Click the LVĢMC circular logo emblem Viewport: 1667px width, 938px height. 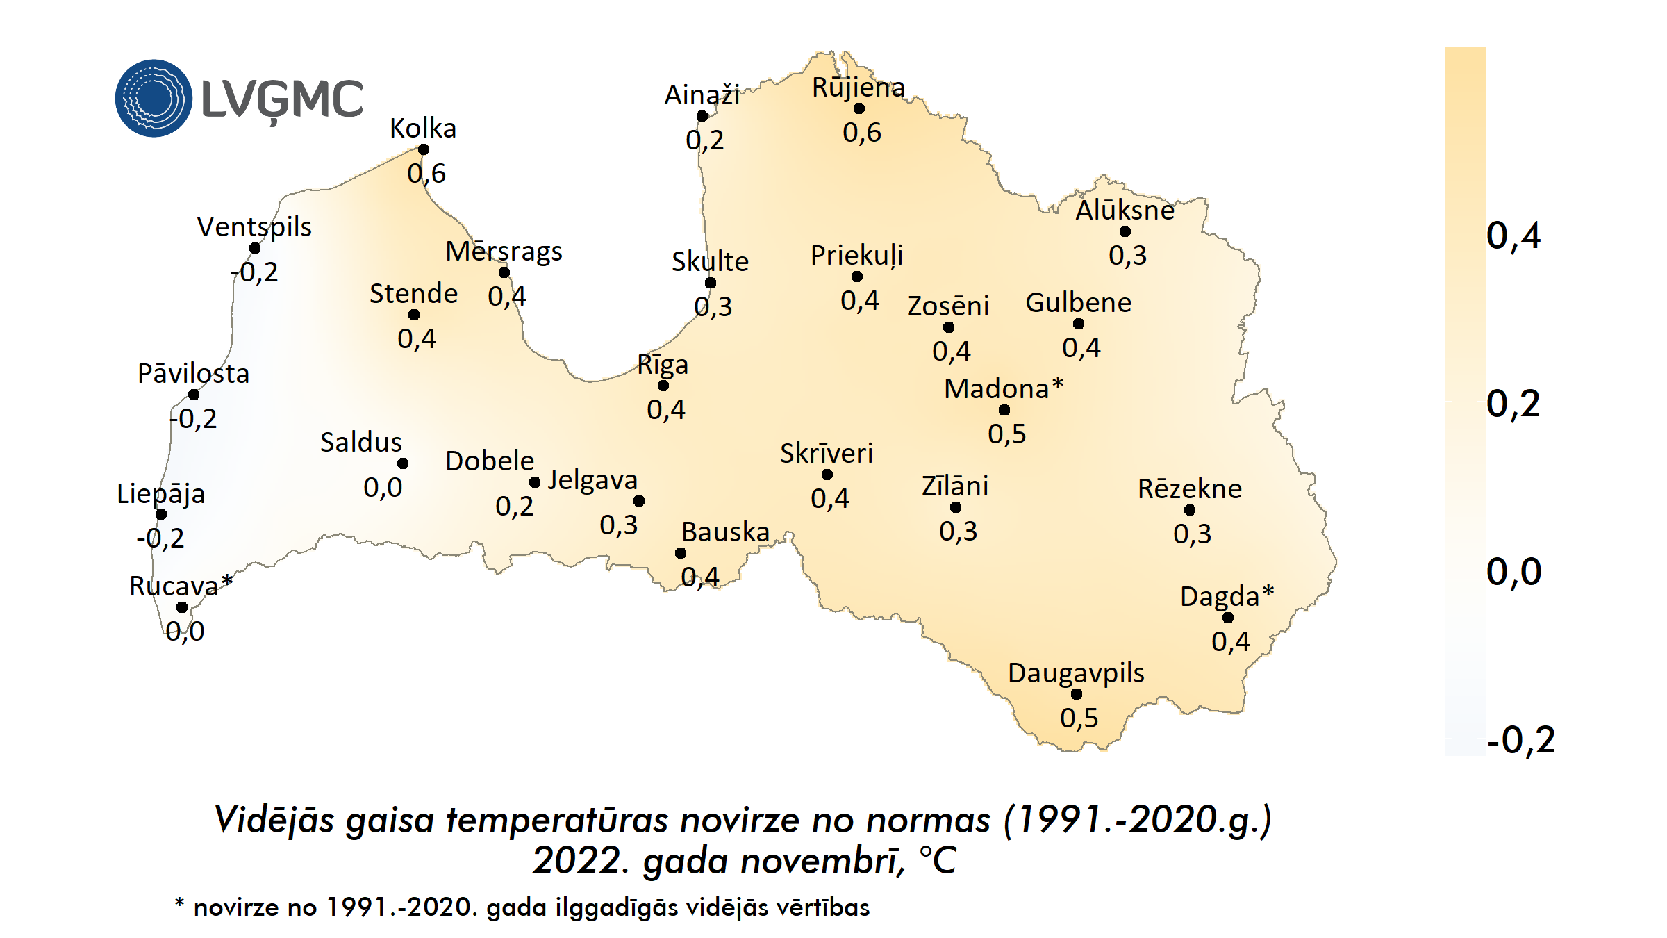(154, 98)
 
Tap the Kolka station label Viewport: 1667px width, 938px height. (423, 129)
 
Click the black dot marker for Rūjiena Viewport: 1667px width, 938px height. (859, 108)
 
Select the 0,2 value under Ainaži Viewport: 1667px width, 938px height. (704, 140)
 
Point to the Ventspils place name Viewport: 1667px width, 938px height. (254, 227)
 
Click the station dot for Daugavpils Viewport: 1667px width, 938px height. (1077, 694)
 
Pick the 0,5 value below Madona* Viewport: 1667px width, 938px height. (1006, 434)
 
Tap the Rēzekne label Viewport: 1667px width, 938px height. (1189, 489)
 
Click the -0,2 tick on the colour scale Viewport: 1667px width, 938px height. (1520, 740)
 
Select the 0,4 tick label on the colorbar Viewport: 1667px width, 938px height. (1513, 236)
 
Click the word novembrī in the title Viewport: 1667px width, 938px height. (823, 861)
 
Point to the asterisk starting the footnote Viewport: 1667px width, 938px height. (179, 903)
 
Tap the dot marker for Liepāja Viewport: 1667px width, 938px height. (161, 514)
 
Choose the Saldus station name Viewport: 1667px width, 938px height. (361, 443)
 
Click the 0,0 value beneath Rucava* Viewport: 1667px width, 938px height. (185, 632)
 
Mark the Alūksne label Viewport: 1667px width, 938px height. (1125, 211)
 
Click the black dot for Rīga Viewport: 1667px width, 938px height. (663, 386)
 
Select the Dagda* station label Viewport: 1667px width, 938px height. (1227, 596)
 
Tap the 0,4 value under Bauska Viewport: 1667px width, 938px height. (699, 577)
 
